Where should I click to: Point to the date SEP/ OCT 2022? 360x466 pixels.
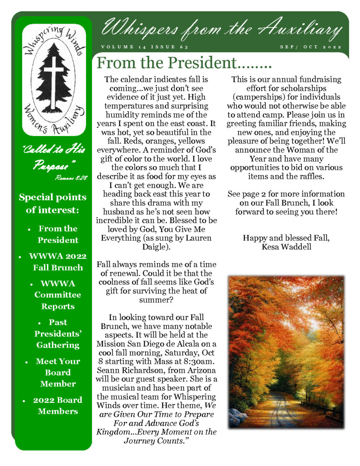click(x=310, y=47)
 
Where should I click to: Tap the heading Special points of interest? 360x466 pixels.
click(x=52, y=203)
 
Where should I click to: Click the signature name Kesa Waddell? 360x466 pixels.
click(x=286, y=247)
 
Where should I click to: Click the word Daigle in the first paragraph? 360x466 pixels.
click(x=157, y=247)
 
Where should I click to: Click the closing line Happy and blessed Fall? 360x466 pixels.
click(x=286, y=238)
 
